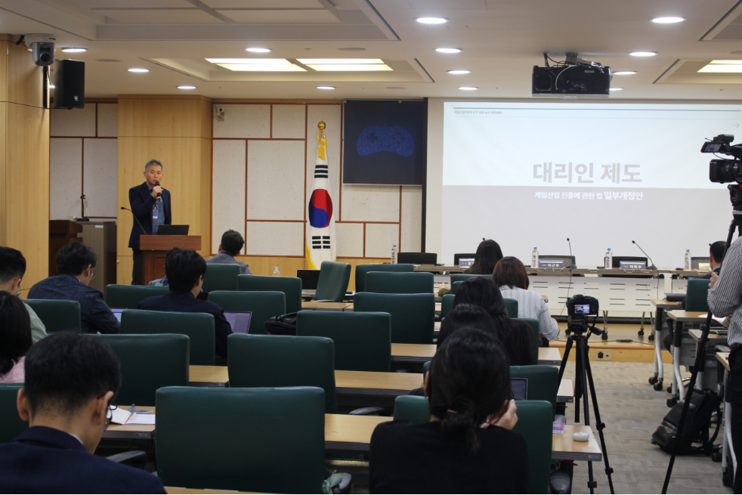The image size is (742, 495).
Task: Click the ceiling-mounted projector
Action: coord(570,78)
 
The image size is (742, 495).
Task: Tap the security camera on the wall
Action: coord(42,51)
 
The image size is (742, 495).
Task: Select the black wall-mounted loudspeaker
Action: coord(70,84)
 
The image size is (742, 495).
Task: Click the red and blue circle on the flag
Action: coord(320,208)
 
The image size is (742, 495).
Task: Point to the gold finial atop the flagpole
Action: coord(321,126)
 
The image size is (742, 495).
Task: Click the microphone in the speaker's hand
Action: coord(157,189)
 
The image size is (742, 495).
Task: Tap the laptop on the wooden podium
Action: coord(172,230)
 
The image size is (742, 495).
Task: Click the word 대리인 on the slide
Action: coord(561,173)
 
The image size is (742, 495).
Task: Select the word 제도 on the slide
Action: coord(621,173)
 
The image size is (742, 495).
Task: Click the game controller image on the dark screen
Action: coord(385,141)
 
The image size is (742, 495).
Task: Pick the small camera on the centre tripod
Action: coord(583,306)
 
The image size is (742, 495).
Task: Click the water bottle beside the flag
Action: coord(394,254)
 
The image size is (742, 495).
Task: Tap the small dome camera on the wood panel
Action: coord(220,113)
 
